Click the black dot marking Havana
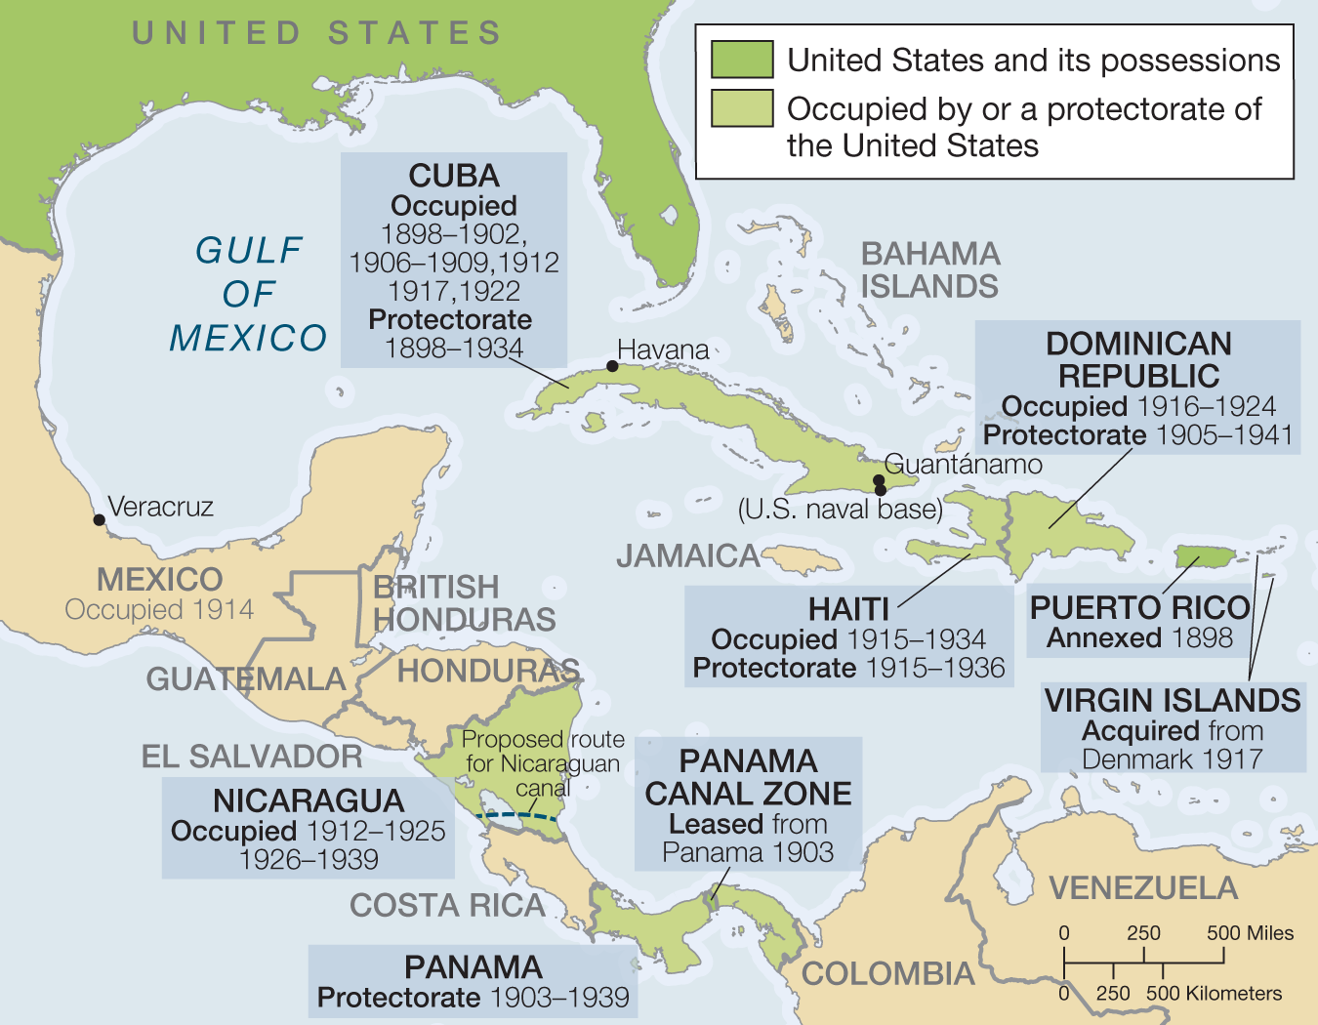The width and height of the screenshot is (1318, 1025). coord(612,366)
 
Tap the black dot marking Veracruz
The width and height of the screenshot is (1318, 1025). coord(99,519)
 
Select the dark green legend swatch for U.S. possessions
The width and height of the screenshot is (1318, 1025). coord(742,60)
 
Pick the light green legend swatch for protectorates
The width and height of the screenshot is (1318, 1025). coord(742,108)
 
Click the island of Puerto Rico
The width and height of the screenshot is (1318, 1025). coord(1204,557)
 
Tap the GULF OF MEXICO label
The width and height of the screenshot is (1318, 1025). coord(248,294)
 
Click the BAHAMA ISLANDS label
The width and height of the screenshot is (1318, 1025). coord(929,270)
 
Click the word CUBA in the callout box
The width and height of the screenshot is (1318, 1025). coord(453,176)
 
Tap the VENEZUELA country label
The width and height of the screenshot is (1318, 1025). coord(1143,888)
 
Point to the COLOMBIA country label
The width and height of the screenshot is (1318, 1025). coord(887,973)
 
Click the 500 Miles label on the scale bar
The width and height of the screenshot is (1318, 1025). coord(1250,933)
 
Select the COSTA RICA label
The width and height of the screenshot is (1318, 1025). coord(447,906)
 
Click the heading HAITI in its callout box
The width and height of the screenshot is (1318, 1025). coord(848,609)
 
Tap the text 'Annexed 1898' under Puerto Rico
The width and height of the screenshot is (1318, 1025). coord(1139,638)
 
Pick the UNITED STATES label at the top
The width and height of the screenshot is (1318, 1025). coord(317,33)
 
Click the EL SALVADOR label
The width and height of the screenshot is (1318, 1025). coord(252,757)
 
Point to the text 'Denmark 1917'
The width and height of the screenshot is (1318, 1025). coord(1172,759)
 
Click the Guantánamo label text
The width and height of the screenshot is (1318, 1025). coord(963,465)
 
